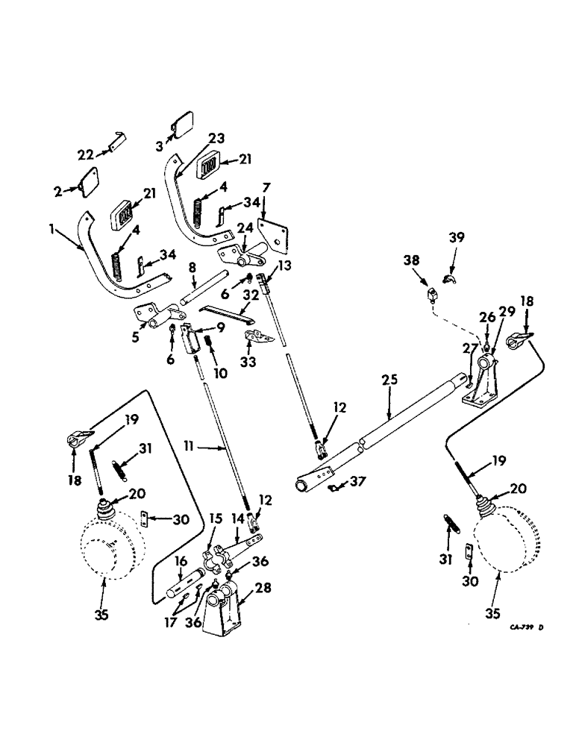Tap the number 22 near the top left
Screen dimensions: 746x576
(86, 154)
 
